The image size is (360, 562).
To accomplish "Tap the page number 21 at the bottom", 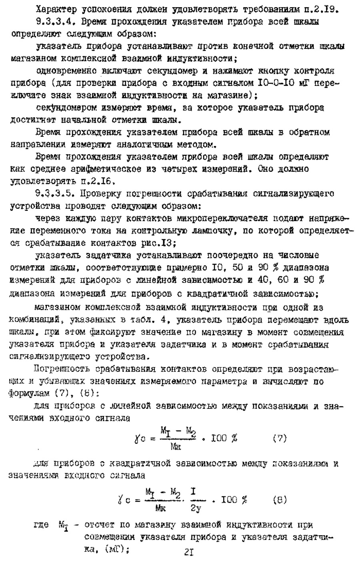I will [189, 553].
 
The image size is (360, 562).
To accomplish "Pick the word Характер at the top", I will [54, 9].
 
